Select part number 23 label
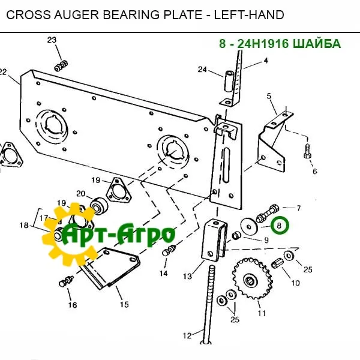(x=52, y=40)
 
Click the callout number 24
(x=203, y=70)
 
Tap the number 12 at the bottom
(x=187, y=335)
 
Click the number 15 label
(x=124, y=304)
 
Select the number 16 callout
(x=72, y=305)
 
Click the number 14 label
(x=163, y=274)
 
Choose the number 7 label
(x=299, y=208)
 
